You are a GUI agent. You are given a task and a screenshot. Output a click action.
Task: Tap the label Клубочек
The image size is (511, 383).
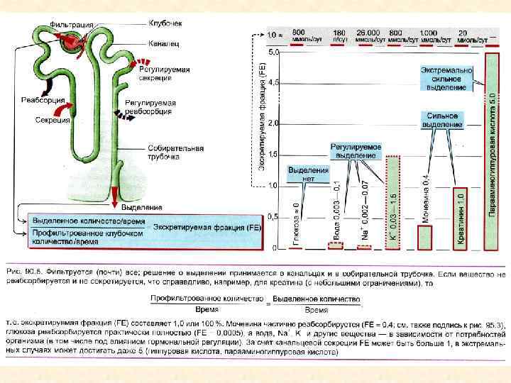[x=166, y=23]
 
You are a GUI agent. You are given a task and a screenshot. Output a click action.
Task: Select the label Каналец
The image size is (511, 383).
[x=163, y=44]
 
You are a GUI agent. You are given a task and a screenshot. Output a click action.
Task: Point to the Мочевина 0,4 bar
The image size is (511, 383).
[x=425, y=238]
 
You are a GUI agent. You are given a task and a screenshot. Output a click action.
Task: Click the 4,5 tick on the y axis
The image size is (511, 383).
[x=273, y=83]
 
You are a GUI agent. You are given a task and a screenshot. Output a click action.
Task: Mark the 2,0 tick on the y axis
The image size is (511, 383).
[x=273, y=123]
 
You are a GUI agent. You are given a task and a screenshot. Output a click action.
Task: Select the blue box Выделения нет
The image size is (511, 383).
[x=308, y=174]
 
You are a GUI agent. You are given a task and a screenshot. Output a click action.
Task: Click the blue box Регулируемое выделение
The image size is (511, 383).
[x=356, y=151]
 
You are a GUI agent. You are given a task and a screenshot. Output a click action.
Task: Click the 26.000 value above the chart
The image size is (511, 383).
[x=368, y=33]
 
